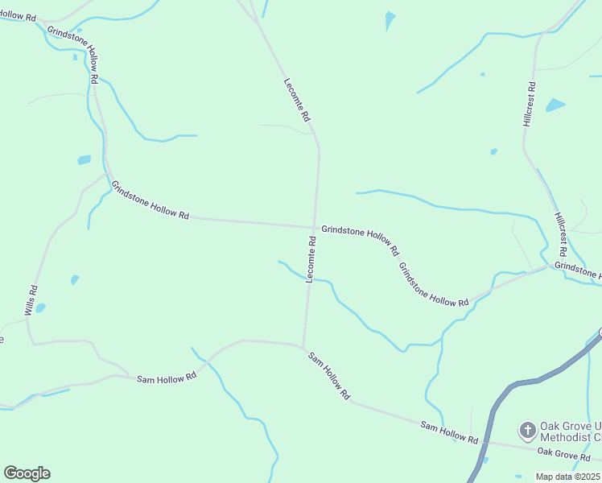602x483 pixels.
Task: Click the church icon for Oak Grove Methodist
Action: pyautogui.click(x=527, y=430)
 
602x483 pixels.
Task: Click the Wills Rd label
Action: pyautogui.click(x=31, y=300)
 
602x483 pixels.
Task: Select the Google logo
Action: pyautogui.click(x=27, y=473)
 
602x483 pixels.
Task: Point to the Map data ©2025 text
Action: pyautogui.click(x=568, y=477)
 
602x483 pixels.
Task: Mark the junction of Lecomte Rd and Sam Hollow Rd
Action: pyautogui.click(x=303, y=347)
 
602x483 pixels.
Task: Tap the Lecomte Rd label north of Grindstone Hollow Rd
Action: pyautogui.click(x=297, y=99)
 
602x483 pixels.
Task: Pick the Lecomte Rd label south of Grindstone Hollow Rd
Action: pyautogui.click(x=311, y=258)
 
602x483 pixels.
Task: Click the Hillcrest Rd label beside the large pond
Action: pyautogui.click(x=529, y=104)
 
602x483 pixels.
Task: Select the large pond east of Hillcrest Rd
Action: pyautogui.click(x=555, y=105)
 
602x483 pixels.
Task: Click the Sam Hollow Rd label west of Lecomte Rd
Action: pyautogui.click(x=167, y=377)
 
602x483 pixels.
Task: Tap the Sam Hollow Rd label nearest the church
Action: pyautogui.click(x=448, y=432)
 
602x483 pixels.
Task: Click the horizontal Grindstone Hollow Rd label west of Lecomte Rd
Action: pyautogui.click(x=150, y=200)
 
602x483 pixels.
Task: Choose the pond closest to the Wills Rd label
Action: pyautogui.click(x=41, y=308)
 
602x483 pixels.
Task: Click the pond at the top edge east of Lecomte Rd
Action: pyautogui.click(x=390, y=19)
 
